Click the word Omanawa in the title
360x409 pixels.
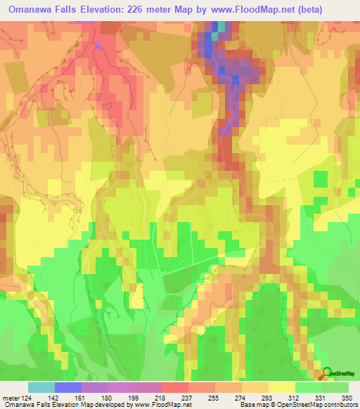tap(33, 10)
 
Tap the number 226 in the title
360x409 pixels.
tap(155, 10)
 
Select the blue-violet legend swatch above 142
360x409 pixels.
tap(68, 387)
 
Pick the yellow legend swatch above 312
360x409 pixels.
tap(281, 387)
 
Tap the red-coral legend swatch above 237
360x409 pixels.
tap(175, 387)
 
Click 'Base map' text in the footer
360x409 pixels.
tap(252, 404)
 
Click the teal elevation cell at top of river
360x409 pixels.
tap(223, 26)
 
